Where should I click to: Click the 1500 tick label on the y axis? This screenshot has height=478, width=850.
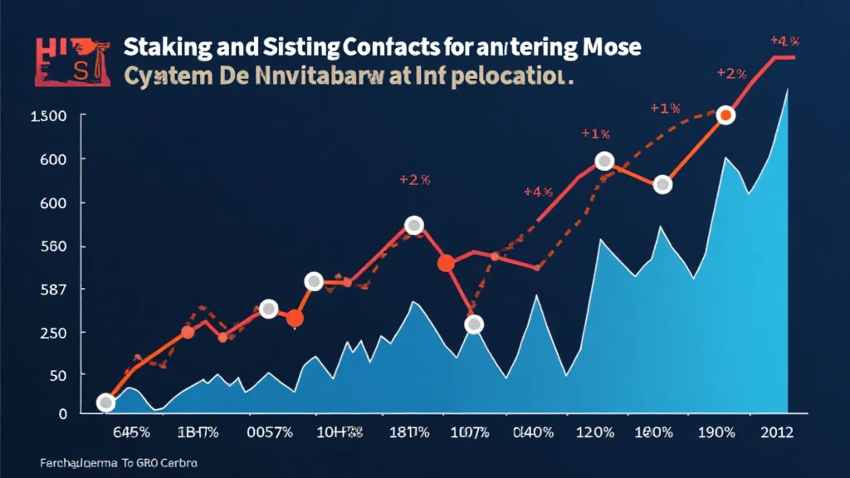click(47, 116)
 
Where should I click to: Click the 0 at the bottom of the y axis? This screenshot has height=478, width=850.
click(61, 412)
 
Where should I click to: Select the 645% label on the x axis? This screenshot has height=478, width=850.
click(129, 432)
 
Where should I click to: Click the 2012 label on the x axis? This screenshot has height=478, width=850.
click(775, 432)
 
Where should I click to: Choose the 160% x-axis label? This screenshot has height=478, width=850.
click(654, 432)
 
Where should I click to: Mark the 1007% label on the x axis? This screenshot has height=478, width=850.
click(471, 432)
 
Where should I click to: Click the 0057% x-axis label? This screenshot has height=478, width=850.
click(271, 432)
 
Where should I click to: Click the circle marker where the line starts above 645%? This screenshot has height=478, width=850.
click(105, 403)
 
